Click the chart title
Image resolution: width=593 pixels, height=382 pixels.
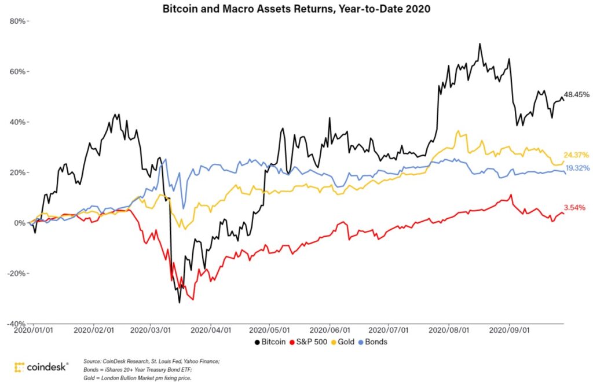click(x=296, y=9)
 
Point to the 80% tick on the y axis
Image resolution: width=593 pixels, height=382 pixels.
click(x=17, y=21)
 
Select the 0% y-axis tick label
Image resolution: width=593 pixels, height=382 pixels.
click(x=20, y=223)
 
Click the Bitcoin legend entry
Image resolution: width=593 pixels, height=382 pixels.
click(x=270, y=341)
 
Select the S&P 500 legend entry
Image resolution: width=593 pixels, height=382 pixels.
click(x=312, y=341)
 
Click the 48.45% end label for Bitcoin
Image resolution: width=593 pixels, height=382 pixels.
click(x=577, y=94)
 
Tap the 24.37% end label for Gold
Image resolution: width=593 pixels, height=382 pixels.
click(x=576, y=155)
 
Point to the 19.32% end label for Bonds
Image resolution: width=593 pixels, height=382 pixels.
click(x=578, y=168)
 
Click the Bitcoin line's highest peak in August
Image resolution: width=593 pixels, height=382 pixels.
click(x=479, y=43)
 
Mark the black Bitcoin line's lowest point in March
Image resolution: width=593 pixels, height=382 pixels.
click(x=180, y=302)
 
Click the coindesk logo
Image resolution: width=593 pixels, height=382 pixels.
click(x=41, y=367)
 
